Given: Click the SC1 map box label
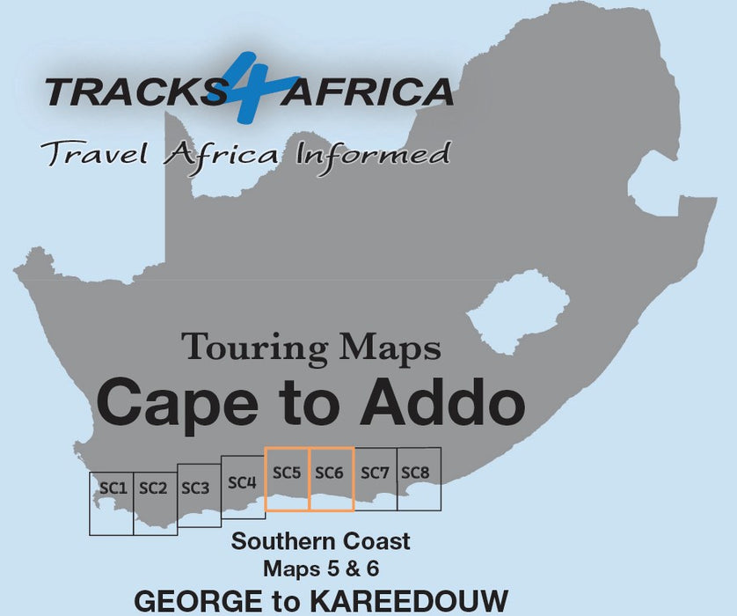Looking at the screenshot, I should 113,487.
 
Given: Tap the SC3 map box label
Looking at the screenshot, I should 194,488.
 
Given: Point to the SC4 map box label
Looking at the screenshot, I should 242,482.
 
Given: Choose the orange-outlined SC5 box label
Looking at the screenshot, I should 287,473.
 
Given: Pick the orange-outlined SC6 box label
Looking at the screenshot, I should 329,473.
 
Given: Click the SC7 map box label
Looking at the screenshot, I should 374,473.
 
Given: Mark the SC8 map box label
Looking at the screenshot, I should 415,473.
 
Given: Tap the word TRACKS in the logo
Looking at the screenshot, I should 134,91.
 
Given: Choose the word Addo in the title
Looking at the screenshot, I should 449,401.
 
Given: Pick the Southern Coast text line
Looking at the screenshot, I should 320,540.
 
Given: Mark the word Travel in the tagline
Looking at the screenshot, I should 91,155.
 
